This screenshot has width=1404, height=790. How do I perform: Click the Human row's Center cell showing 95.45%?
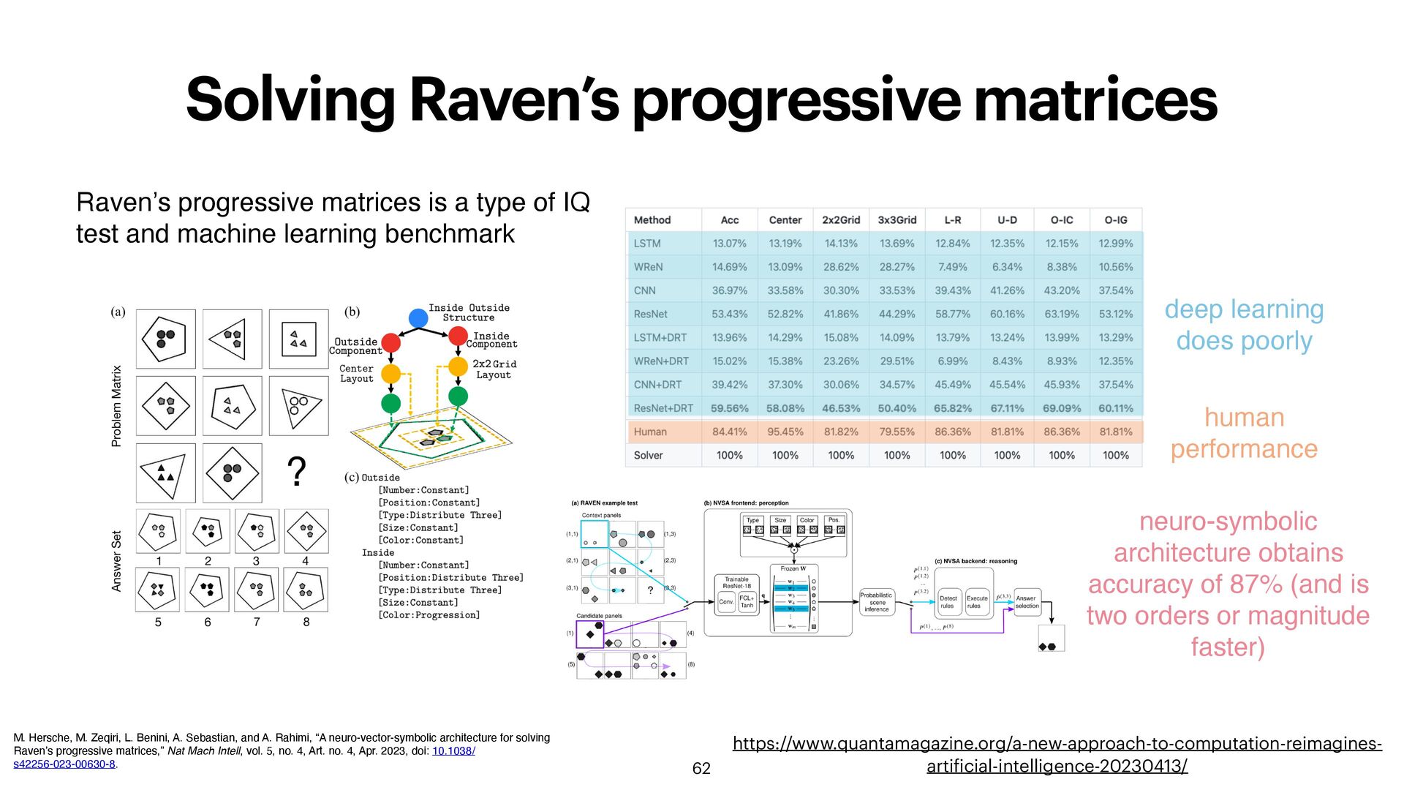(x=785, y=432)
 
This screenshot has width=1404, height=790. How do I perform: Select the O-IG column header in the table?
(x=1115, y=219)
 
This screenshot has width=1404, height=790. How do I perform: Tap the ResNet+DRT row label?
(x=663, y=408)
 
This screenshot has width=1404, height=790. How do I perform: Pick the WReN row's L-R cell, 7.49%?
(x=952, y=267)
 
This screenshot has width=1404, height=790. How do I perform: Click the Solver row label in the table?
(x=648, y=455)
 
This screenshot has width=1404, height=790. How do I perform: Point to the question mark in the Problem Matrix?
(x=296, y=472)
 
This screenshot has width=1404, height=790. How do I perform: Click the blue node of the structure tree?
(x=418, y=318)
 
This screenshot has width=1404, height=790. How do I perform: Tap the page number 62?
(x=701, y=768)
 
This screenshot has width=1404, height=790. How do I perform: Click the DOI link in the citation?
(x=453, y=751)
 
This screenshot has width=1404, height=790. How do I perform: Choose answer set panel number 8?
(x=306, y=591)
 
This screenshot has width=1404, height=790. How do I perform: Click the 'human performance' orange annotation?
(x=1244, y=433)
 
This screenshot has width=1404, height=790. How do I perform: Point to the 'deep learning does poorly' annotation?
(x=1244, y=325)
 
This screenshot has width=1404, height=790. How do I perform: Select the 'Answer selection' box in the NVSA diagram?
(x=1027, y=602)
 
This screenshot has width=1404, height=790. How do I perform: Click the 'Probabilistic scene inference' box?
(x=876, y=602)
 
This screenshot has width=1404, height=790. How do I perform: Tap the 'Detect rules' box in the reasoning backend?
(x=948, y=602)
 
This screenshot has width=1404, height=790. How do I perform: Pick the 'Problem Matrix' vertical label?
(x=116, y=406)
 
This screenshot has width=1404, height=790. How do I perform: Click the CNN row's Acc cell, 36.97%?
(x=729, y=290)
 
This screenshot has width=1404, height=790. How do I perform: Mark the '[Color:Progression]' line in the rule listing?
(x=429, y=615)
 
